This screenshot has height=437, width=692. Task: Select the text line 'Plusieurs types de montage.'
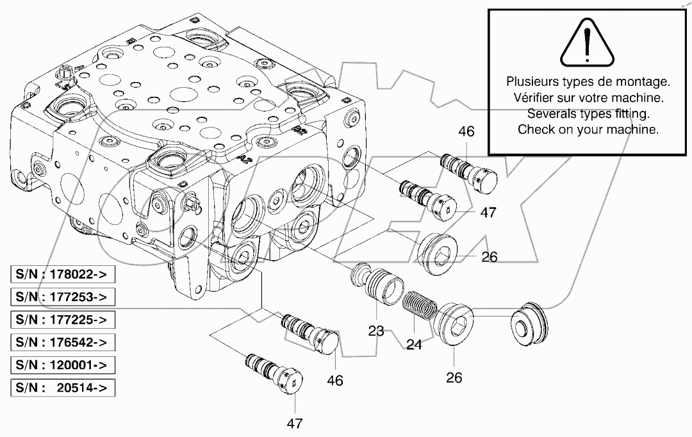[588, 82]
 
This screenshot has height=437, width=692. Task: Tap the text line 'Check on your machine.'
[588, 129]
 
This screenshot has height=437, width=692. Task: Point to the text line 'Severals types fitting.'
[588, 113]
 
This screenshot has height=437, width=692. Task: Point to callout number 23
[376, 332]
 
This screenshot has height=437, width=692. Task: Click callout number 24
[414, 345]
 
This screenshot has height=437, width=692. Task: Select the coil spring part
[422, 306]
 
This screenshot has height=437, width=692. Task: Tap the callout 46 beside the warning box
[466, 132]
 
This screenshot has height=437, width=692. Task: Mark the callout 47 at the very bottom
[294, 424]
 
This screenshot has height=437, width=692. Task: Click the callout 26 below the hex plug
[454, 377]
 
